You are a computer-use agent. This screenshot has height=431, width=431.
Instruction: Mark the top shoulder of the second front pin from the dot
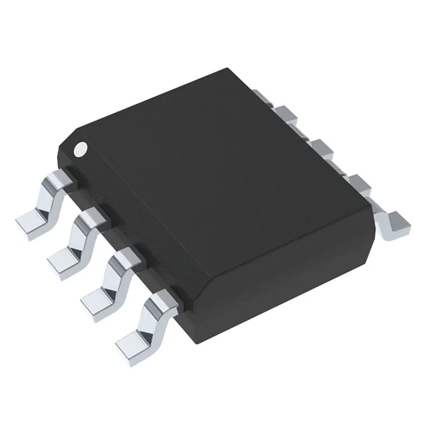(90, 217)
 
